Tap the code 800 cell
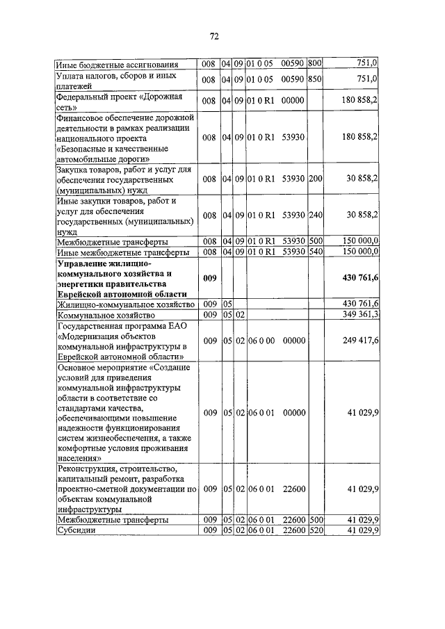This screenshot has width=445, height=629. point(314,65)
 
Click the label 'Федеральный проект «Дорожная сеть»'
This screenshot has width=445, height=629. point(119,102)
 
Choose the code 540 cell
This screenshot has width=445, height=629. point(314,252)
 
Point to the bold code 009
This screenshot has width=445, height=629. point(209,279)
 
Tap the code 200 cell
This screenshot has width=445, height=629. point(314,179)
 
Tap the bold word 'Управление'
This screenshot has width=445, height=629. point(85,264)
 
